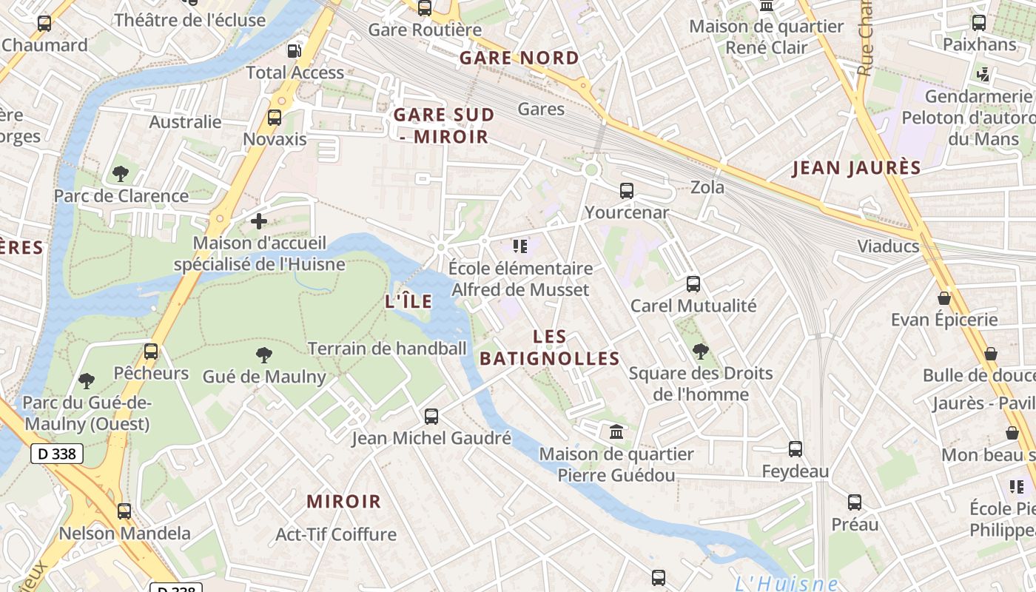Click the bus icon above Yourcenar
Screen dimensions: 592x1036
(x=627, y=191)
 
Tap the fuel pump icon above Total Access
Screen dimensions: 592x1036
(x=294, y=51)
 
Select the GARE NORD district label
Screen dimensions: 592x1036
(x=519, y=58)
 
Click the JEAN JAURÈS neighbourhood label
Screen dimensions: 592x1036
(x=856, y=168)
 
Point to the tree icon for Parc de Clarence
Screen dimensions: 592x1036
(x=121, y=175)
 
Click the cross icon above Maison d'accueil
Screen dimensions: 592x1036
(x=259, y=221)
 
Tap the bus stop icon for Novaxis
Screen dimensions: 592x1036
(x=275, y=118)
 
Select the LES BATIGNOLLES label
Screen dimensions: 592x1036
(x=550, y=348)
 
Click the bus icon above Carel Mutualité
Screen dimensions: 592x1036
(x=693, y=284)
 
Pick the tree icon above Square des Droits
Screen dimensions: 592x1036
(x=700, y=351)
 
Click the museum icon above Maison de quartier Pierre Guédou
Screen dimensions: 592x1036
(x=616, y=431)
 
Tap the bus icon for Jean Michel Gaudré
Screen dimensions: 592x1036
(x=431, y=417)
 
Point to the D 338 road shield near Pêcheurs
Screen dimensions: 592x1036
(x=57, y=454)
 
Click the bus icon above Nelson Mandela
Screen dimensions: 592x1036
(x=124, y=511)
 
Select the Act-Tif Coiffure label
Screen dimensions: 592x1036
(x=336, y=534)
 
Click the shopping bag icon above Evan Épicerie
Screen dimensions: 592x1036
(x=944, y=298)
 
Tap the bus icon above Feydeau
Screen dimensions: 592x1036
(x=795, y=449)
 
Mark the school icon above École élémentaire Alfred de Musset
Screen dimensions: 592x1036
(x=520, y=246)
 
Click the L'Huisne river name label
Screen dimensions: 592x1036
(x=786, y=583)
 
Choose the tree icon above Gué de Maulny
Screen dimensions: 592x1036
(x=263, y=355)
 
